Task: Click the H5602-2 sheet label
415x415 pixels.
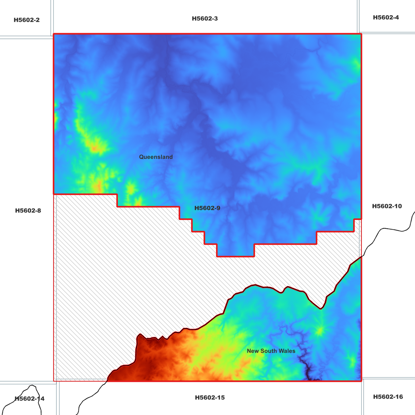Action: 27,20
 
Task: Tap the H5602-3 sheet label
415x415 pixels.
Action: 205,19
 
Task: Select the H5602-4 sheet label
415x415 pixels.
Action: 386,18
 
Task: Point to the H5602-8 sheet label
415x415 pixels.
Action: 28,211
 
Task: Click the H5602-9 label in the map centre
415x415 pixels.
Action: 207,208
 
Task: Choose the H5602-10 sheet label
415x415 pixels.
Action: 387,206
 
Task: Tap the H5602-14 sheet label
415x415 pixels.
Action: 29,399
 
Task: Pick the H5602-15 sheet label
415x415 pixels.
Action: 210,398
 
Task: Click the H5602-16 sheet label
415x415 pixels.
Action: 388,397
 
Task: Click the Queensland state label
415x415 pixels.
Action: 156,157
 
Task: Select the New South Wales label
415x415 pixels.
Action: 271,351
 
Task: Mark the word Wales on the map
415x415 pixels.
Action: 288,351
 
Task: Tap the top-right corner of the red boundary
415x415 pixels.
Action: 361,34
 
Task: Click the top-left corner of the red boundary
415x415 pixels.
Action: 54,34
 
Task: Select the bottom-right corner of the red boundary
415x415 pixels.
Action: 361,381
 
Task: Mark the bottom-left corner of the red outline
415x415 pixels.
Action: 54,381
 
